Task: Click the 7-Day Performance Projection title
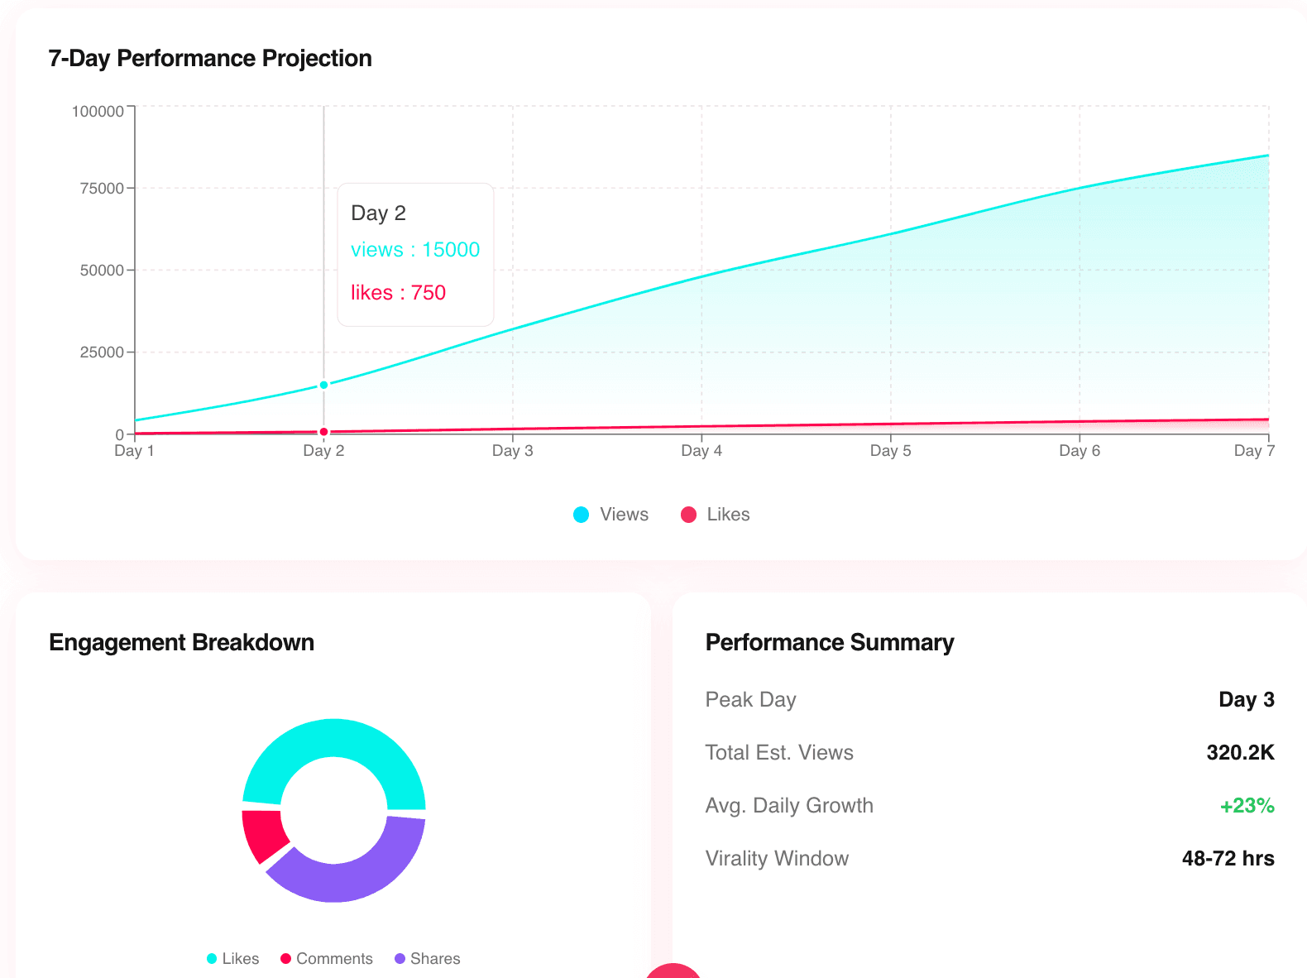210,59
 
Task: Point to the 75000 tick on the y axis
102,189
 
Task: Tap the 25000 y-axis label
102,352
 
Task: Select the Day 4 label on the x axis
701,451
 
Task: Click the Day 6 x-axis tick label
1080,451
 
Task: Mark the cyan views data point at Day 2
323,385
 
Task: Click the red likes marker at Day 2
323,432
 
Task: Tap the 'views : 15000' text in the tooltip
415,250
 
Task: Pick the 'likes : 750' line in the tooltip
398,293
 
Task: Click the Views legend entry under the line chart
611,515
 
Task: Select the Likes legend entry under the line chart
716,515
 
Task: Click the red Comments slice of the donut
261,834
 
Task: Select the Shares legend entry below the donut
428,959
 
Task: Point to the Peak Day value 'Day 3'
1246,700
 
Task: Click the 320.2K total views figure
1240,753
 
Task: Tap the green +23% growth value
1247,806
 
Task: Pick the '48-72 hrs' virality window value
1228,859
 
